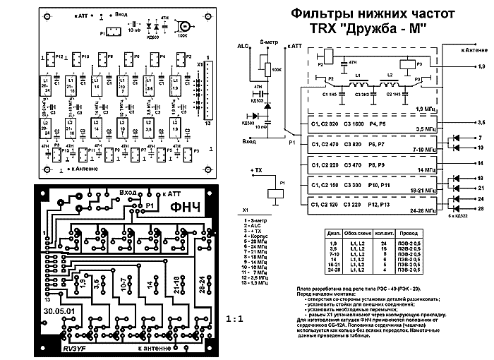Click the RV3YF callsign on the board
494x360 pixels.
(73, 349)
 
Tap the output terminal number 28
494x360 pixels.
(481, 209)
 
